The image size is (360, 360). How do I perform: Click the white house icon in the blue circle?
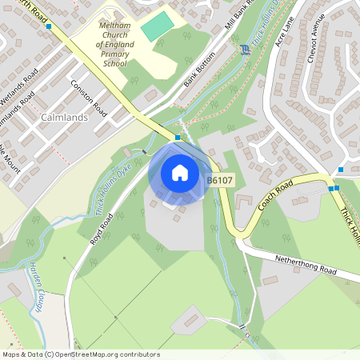coord(180,173)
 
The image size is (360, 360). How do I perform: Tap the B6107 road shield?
coord(220,181)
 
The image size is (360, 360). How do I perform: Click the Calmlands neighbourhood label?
coord(62,118)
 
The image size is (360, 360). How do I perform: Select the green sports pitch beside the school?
coord(158,25)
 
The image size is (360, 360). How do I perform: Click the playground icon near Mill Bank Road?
coord(245,50)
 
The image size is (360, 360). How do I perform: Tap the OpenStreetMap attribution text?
coord(81,354)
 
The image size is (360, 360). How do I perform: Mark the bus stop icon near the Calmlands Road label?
coord(49,26)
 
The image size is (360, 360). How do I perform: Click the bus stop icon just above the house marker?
coord(178,138)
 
